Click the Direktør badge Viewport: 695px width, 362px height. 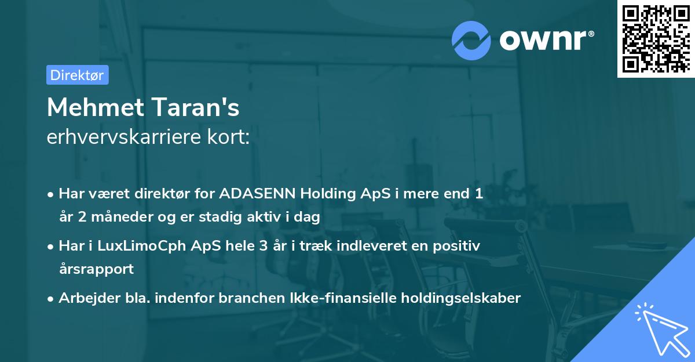point(77,75)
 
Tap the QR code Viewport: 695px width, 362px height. point(656,39)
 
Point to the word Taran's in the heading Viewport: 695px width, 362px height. point(202,107)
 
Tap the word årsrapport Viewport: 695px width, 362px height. point(96,269)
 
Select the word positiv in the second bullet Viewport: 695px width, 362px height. point(459,246)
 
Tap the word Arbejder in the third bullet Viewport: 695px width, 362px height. point(85,298)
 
